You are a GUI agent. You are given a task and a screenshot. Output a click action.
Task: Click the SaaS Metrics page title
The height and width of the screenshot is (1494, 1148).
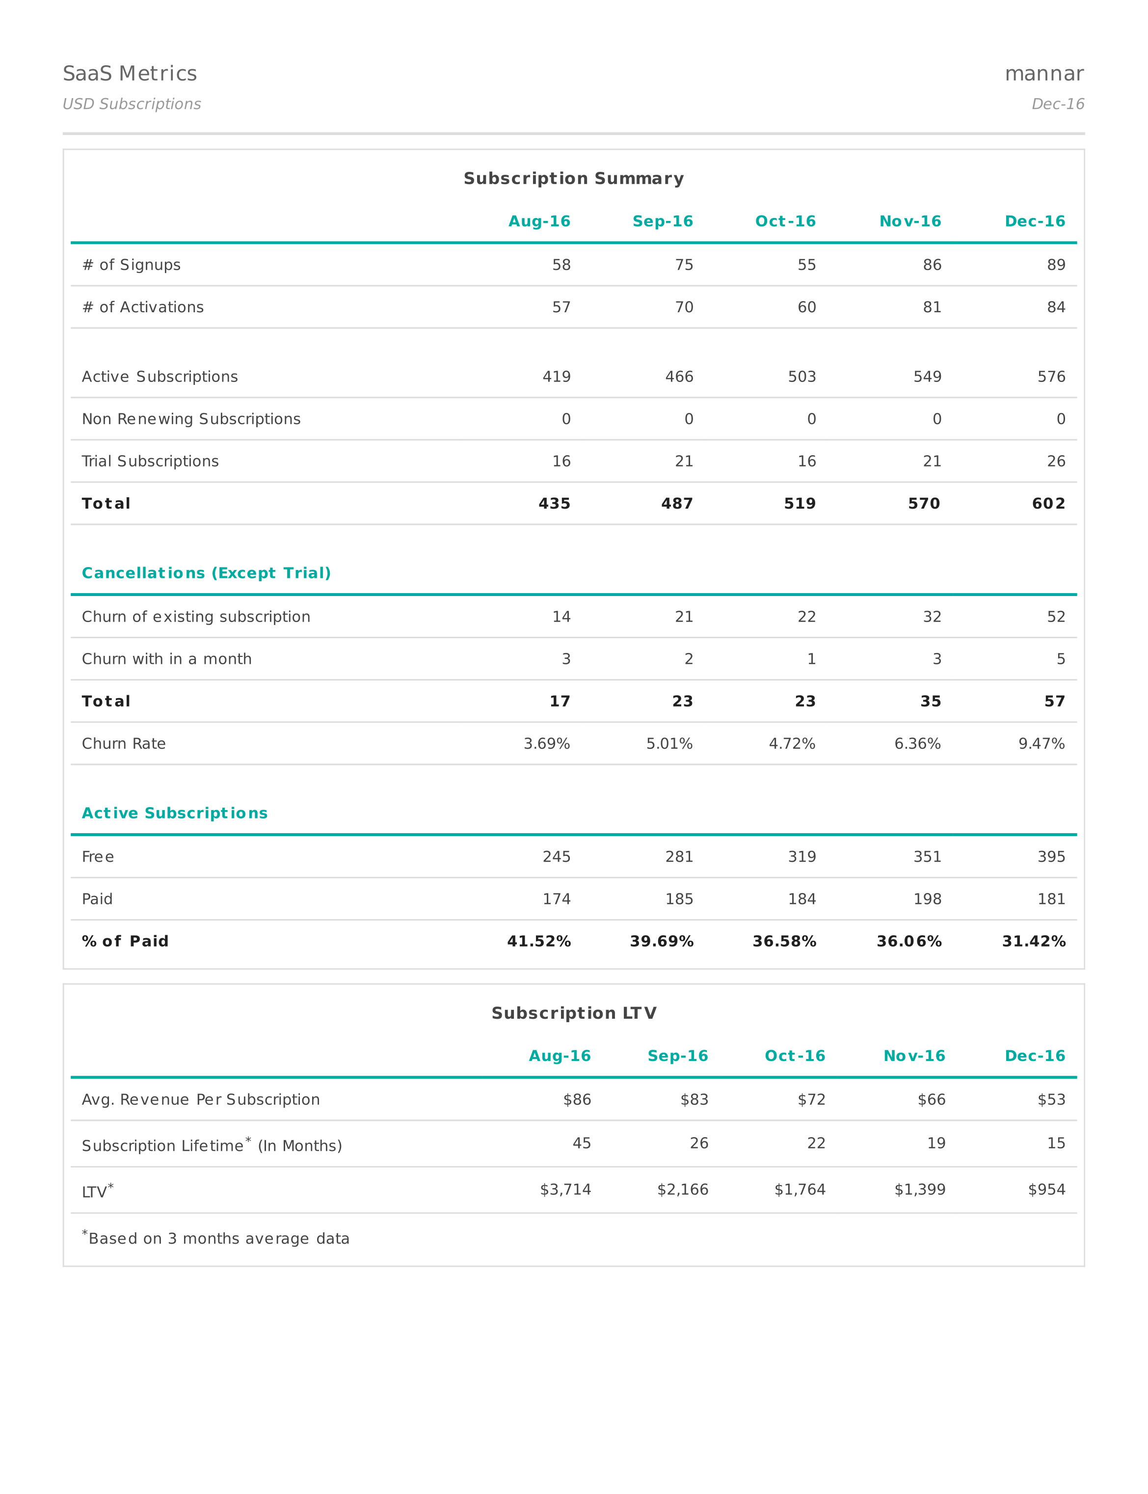[x=130, y=74]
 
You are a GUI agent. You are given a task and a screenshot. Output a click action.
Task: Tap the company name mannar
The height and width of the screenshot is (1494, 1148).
[x=1043, y=74]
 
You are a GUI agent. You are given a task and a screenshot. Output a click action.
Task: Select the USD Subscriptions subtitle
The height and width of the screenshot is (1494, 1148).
[x=132, y=104]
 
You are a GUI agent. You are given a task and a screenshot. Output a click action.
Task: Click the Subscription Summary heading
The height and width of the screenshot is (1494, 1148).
[x=573, y=178]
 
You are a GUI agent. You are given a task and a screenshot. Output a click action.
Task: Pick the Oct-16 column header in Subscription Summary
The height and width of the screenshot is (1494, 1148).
[x=785, y=221]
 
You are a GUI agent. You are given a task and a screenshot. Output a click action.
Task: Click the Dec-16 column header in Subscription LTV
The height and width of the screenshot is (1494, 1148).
[x=1035, y=1056]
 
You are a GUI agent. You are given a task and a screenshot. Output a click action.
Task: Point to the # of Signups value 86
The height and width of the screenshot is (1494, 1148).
[x=932, y=265]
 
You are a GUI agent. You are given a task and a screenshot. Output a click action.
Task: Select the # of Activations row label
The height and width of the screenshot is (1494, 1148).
[x=143, y=307]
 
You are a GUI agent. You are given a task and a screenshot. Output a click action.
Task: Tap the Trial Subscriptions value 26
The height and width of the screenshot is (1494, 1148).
[x=1056, y=462]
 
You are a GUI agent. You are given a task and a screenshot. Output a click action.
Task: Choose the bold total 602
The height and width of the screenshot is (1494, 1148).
[x=1048, y=504]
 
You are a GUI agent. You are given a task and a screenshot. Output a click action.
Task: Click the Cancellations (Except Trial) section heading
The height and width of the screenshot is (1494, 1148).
[x=206, y=573]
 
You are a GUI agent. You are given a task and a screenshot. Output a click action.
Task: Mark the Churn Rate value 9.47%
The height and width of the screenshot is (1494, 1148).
[x=1041, y=744]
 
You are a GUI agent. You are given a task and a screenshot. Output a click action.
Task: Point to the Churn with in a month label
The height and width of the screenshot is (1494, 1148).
[x=167, y=659]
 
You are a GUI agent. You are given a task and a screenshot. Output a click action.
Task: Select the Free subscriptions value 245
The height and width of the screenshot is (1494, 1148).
[x=556, y=857]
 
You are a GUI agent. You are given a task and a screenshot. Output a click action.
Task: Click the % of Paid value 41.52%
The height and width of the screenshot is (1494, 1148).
[x=538, y=942]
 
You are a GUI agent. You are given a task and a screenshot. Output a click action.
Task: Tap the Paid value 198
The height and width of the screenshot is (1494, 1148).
[x=927, y=899]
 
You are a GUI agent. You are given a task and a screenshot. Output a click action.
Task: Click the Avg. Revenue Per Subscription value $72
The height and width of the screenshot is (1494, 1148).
[x=811, y=1100]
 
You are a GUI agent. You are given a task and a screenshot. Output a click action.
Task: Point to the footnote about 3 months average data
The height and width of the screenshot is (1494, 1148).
[x=216, y=1238]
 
